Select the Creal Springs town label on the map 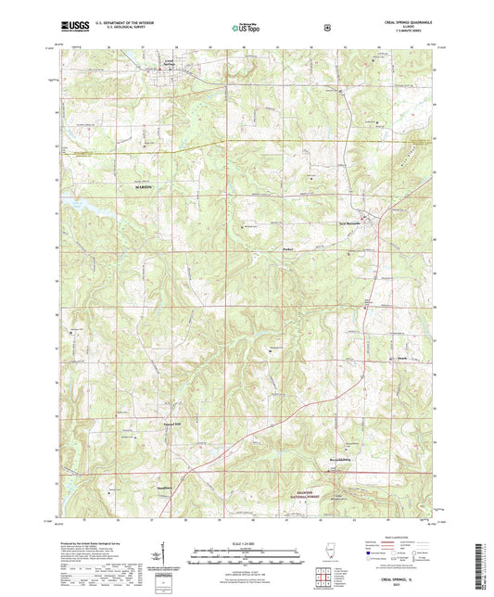pyautogui.click(x=168, y=62)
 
